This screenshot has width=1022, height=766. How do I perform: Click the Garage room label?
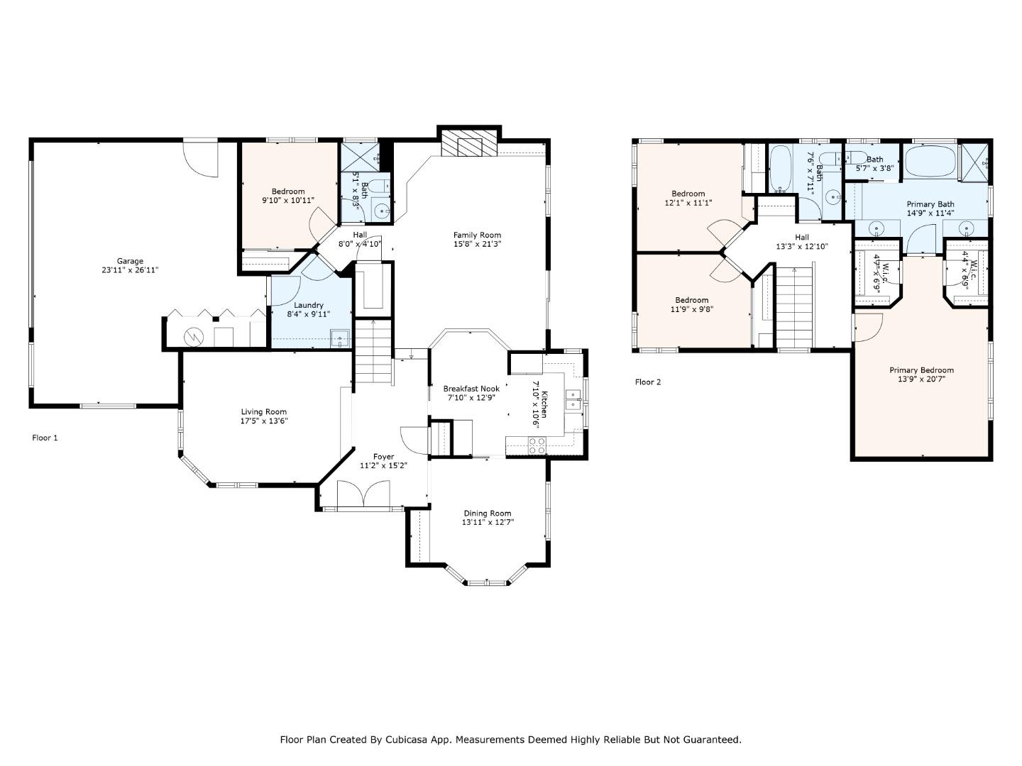click(130, 261)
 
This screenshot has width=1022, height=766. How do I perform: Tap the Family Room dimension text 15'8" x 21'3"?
click(477, 244)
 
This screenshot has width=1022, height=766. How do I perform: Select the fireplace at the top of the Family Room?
click(468, 145)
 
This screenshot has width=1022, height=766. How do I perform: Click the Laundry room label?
click(309, 305)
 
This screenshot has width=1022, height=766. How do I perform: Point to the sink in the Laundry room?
click(342, 338)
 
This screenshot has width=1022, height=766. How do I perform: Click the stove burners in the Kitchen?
click(537, 445)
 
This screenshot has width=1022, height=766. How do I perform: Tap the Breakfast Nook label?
click(471, 389)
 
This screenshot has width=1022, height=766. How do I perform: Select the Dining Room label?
click(487, 514)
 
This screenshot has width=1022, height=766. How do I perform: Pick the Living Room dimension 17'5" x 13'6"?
click(263, 421)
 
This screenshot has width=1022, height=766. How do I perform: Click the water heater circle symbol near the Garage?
click(193, 337)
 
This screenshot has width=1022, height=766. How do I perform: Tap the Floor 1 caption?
click(45, 438)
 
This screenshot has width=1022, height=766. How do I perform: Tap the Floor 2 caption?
click(647, 382)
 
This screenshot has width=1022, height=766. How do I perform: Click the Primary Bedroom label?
click(921, 370)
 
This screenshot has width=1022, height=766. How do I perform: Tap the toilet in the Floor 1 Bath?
click(379, 186)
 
